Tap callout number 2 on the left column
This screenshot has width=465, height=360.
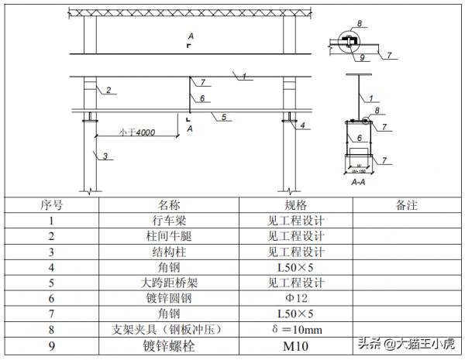(x=108, y=91)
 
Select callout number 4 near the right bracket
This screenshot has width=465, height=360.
(x=303, y=125)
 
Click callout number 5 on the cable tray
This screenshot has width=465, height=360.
(x=223, y=117)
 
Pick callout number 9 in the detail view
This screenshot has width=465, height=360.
(x=362, y=57)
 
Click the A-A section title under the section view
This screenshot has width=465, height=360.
(x=359, y=183)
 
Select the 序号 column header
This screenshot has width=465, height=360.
(x=52, y=206)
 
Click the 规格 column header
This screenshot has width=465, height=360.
(x=295, y=206)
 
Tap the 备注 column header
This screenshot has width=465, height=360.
(x=406, y=206)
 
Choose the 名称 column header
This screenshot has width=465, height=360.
(x=169, y=206)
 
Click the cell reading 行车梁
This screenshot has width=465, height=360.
(x=169, y=221)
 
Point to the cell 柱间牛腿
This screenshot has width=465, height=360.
(x=169, y=237)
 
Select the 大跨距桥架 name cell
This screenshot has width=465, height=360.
(x=169, y=283)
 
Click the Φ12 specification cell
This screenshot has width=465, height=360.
(x=295, y=299)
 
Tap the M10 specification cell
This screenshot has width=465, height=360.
(x=295, y=346)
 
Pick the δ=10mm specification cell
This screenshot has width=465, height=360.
(x=295, y=330)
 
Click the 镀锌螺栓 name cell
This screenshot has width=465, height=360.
(x=169, y=346)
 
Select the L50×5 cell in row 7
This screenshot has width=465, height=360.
(x=295, y=314)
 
